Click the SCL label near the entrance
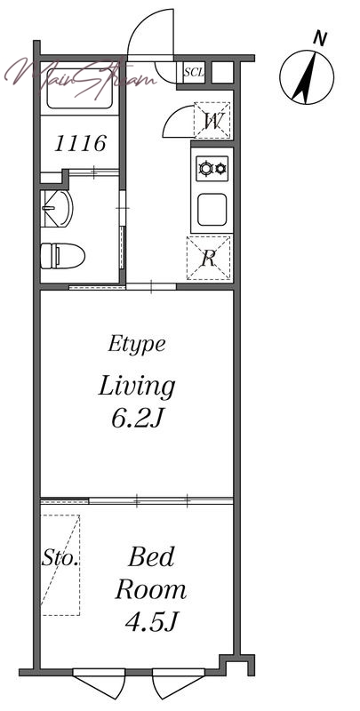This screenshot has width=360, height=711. coord(195,72)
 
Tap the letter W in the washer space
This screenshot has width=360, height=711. coord(212,121)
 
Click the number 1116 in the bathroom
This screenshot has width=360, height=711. coord(80,144)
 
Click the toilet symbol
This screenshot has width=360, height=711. coord(62,256)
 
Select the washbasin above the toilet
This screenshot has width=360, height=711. coord(56,209)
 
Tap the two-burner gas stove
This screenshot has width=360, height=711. coord(212,169)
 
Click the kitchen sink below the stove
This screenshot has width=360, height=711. coord(212,210)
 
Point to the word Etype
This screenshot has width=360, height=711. coord(137,345)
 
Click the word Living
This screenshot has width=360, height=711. coord(137,387)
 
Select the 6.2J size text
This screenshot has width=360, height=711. coord(137,419)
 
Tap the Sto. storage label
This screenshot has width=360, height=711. coord(60,558)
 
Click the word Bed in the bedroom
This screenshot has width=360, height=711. coord(151,558)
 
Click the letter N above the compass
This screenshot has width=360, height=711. coord(320,39)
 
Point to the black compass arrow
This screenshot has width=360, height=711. coord(304,77)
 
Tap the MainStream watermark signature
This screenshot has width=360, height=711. coord(81,77)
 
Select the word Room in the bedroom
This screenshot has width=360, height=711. coord(150,590)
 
